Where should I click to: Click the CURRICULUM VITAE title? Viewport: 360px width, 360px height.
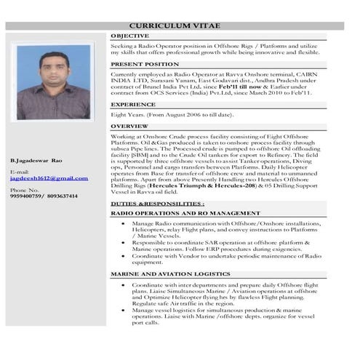180,27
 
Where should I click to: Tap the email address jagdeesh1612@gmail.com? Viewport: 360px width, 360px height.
49,178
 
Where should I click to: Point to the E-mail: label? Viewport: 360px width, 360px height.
20,172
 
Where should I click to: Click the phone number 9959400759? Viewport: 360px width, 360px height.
27,196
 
